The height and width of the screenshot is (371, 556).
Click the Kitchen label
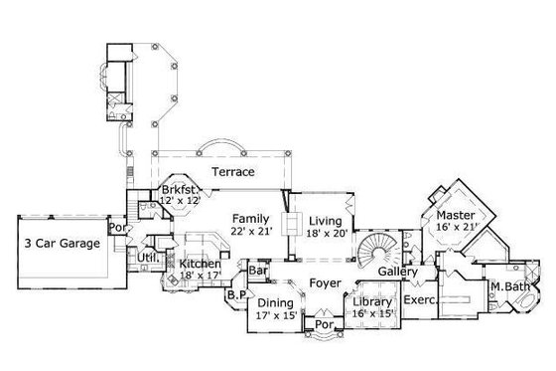(x=199, y=265)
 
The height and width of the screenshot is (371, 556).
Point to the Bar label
(x=260, y=270)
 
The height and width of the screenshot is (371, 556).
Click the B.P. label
(x=236, y=294)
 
